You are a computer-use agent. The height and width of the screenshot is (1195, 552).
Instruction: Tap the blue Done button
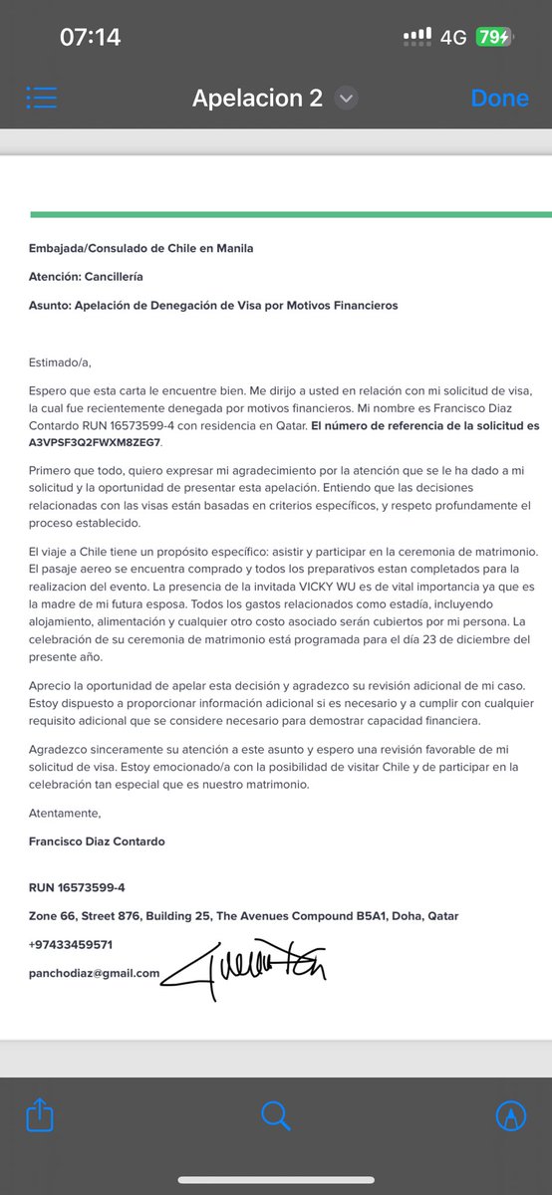click(499, 98)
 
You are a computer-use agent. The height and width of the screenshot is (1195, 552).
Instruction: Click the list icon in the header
click(42, 97)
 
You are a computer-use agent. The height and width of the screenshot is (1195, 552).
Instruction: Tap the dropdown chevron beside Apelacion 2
click(346, 98)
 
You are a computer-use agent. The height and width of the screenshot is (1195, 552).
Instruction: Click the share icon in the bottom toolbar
click(40, 1115)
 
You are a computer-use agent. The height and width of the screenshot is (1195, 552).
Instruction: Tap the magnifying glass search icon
click(275, 1115)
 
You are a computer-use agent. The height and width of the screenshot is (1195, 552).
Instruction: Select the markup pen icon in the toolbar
click(511, 1115)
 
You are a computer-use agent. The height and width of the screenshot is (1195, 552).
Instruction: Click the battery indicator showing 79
click(493, 38)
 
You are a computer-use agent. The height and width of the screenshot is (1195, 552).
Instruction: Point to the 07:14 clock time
click(90, 38)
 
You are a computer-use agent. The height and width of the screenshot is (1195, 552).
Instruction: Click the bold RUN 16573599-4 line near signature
click(77, 887)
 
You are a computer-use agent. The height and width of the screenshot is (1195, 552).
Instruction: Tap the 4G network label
click(453, 38)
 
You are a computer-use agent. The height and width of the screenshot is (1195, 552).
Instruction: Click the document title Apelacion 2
click(257, 98)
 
